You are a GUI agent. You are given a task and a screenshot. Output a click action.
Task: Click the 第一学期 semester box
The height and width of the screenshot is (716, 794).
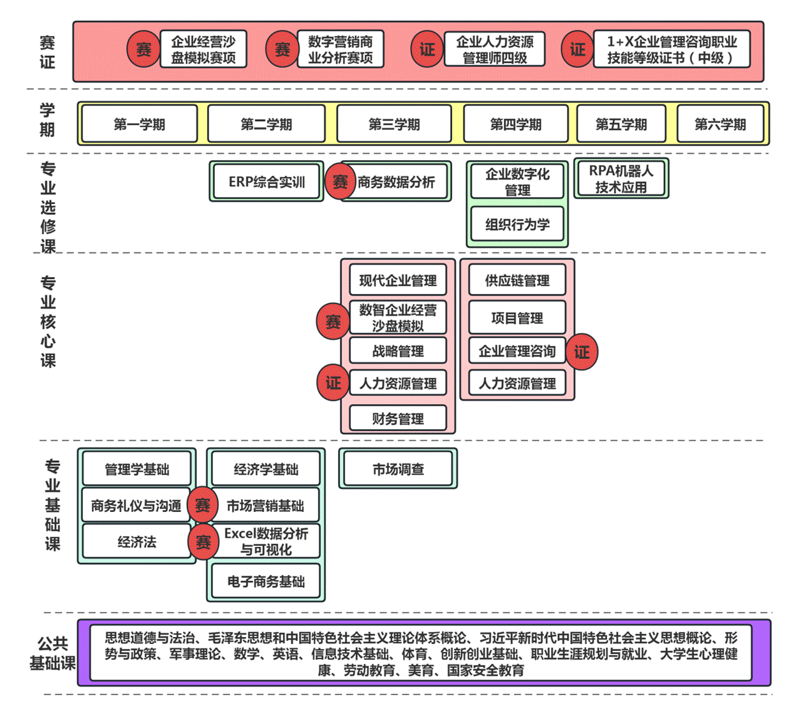pyautogui.click(x=139, y=124)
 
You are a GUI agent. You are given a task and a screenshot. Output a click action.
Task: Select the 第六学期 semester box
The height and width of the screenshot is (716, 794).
pyautogui.click(x=720, y=124)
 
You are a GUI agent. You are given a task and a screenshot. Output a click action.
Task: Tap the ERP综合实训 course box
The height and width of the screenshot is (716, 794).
pyautogui.click(x=267, y=182)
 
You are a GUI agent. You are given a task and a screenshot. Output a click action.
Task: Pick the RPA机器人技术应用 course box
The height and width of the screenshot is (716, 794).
pyautogui.click(x=621, y=179)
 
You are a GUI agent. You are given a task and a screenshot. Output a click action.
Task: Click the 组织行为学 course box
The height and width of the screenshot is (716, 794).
pyautogui.click(x=517, y=224)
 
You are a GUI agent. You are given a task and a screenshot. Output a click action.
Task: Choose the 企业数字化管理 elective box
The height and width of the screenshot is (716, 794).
pyautogui.click(x=517, y=182)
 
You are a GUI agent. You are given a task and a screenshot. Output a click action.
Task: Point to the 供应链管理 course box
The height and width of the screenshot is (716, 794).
pyautogui.click(x=517, y=281)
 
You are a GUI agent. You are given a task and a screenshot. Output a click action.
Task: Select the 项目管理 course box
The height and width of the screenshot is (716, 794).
pyautogui.click(x=517, y=318)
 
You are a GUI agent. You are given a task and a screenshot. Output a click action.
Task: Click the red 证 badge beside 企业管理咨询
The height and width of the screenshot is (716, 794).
pyautogui.click(x=582, y=351)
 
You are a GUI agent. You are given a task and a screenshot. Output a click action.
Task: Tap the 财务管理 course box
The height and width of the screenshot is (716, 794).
pyautogui.click(x=398, y=419)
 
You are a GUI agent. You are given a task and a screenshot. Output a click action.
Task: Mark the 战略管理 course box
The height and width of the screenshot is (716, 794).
pyautogui.click(x=398, y=351)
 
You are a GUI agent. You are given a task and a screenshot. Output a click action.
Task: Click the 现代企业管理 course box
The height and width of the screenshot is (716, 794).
pyautogui.click(x=398, y=281)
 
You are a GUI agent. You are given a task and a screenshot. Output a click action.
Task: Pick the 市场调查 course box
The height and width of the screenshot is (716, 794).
pyautogui.click(x=398, y=469)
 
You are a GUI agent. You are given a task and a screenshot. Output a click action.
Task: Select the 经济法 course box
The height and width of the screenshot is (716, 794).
pyautogui.click(x=136, y=542)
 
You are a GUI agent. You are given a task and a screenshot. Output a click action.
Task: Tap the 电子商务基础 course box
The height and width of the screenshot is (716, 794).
pyautogui.click(x=265, y=581)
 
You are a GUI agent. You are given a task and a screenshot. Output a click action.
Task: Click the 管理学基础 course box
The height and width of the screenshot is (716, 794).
pyautogui.click(x=136, y=469)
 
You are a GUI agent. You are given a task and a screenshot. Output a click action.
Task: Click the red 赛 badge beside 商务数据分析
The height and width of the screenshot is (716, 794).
pyautogui.click(x=341, y=182)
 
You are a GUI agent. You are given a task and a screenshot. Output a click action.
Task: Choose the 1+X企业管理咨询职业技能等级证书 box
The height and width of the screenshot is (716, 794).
pyautogui.click(x=671, y=49)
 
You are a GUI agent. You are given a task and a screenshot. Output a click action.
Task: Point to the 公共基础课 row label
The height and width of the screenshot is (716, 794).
pyautogui.click(x=52, y=653)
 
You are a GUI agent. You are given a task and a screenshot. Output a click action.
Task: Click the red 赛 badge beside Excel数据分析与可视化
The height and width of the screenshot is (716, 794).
pyautogui.click(x=203, y=542)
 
